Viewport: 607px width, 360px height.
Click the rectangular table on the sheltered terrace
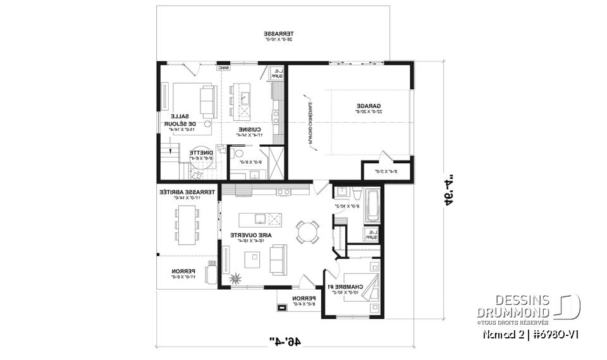pos(187,225)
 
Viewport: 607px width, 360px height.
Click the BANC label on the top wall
pos(223,68)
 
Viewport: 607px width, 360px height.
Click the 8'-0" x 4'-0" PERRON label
pos(303,300)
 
